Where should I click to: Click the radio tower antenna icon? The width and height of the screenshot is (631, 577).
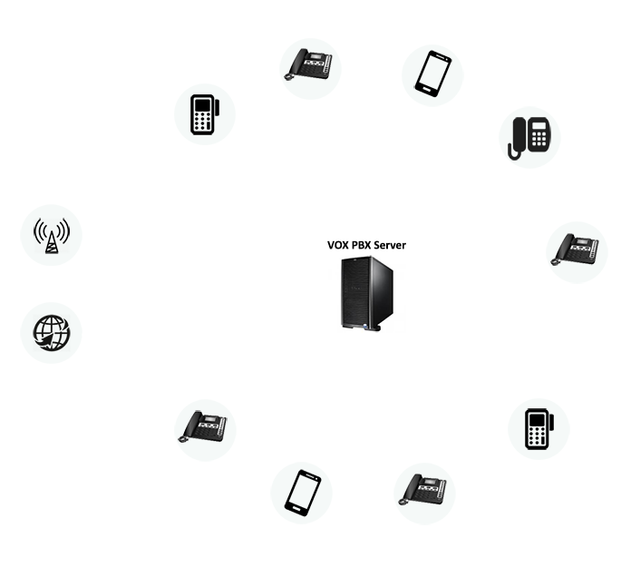pyautogui.click(x=52, y=236)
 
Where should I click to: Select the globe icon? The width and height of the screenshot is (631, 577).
pyautogui.click(x=52, y=333)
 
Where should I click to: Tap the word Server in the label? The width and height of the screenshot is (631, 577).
pyautogui.click(x=390, y=245)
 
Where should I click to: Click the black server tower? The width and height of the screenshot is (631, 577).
pyautogui.click(x=366, y=294)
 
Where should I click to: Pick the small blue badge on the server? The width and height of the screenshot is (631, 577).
pyautogui.click(x=365, y=327)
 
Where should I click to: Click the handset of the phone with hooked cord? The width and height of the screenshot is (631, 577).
pyautogui.click(x=519, y=136)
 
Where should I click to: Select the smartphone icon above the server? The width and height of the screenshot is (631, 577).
pyautogui.click(x=433, y=73)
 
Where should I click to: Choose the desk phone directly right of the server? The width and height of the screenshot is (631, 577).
pyautogui.click(x=575, y=249)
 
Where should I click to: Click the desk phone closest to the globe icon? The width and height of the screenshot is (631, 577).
pyautogui.click(x=202, y=426)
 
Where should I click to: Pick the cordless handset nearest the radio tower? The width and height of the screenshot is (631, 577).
pyautogui.click(x=205, y=114)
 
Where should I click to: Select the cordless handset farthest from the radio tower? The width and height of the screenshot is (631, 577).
pyautogui.click(x=539, y=429)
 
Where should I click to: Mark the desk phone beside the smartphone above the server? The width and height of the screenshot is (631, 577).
pyautogui.click(x=308, y=64)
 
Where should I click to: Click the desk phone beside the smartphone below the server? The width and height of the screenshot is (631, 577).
pyautogui.click(x=422, y=489)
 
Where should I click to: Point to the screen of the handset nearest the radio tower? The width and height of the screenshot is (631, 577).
pyautogui.click(x=202, y=105)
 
